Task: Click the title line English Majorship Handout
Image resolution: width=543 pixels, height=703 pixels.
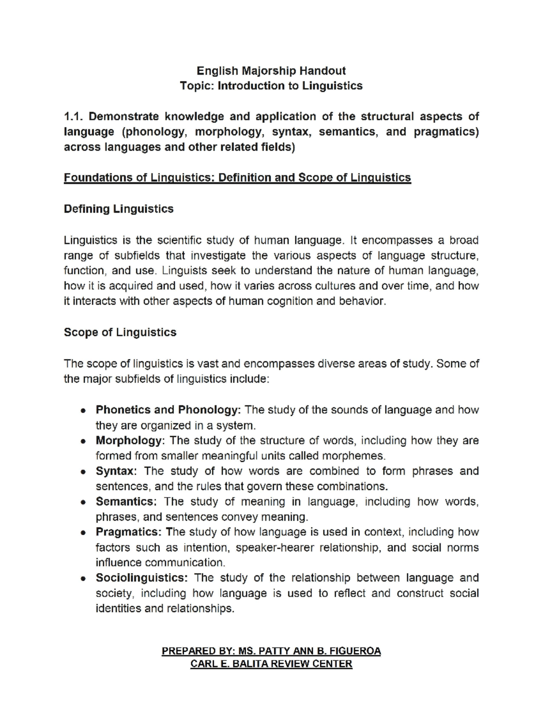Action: pos(271,71)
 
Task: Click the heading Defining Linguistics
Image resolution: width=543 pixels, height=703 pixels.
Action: pos(119,209)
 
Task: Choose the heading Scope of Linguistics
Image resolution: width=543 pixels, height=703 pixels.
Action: pos(120,333)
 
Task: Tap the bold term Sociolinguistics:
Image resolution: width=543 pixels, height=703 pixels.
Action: pos(141,578)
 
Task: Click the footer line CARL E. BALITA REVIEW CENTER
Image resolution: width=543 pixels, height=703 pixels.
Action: pos(271,664)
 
